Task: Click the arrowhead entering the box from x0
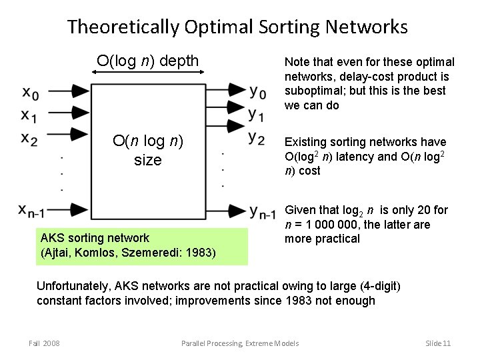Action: pyautogui.click(x=81, y=90)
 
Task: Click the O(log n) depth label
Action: pyautogui.click(x=147, y=61)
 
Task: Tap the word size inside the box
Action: pyautogui.click(x=147, y=160)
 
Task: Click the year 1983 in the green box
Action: pyautogui.click(x=199, y=253)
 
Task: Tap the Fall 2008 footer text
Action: pyautogui.click(x=44, y=343)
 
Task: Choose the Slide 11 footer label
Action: pyautogui.click(x=438, y=343)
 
